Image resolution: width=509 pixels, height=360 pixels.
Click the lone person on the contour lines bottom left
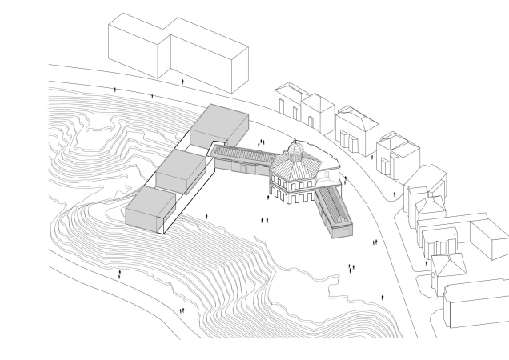coord(120,274)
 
